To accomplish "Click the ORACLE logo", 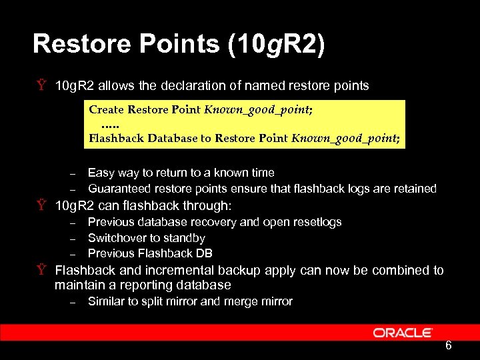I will point(403,333).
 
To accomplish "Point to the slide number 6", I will point(449,345).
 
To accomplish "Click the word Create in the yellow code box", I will point(105,109).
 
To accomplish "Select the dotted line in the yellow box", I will point(111,125).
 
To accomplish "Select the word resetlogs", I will point(317,222).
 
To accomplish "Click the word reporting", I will point(139,285).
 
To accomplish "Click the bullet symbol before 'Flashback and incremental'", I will point(41,270).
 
